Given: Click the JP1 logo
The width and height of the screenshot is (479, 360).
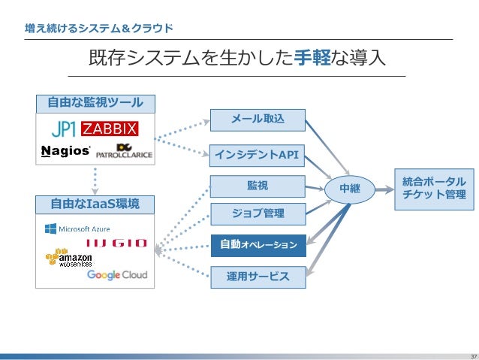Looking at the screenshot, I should (x=63, y=127).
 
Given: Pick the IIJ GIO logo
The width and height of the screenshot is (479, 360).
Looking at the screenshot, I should (x=116, y=243).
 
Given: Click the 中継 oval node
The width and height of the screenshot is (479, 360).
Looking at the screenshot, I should (x=349, y=189).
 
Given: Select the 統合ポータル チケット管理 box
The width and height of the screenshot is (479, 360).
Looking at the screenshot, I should (x=434, y=188).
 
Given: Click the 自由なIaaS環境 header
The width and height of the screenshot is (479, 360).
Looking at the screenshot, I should (x=95, y=203).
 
